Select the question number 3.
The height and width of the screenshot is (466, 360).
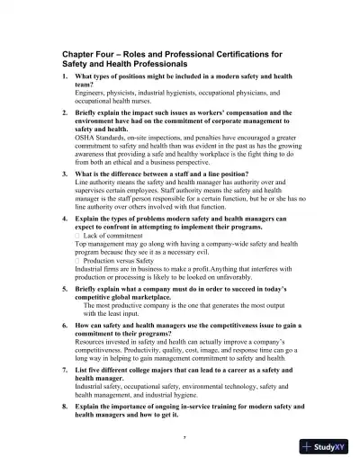coord(65,174)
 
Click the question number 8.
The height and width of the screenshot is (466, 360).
coord(65,407)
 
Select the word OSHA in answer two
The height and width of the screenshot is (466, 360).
coord(85,136)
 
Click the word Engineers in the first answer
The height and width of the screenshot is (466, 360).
coord(91,92)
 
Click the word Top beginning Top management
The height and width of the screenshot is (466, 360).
coord(81,243)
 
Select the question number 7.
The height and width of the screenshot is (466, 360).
coord(65,369)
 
